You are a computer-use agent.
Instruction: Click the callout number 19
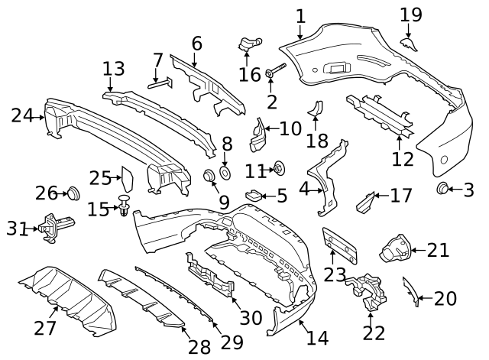(x=410, y=15)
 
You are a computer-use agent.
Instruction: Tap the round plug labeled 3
(x=442, y=189)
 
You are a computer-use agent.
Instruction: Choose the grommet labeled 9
(x=207, y=177)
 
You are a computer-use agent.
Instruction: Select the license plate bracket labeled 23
(x=339, y=245)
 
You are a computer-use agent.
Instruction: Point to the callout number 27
(x=45, y=328)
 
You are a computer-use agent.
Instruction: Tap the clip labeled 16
(x=247, y=45)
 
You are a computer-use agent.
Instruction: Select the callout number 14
(x=317, y=338)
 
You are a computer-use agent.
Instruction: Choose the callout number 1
(x=300, y=15)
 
